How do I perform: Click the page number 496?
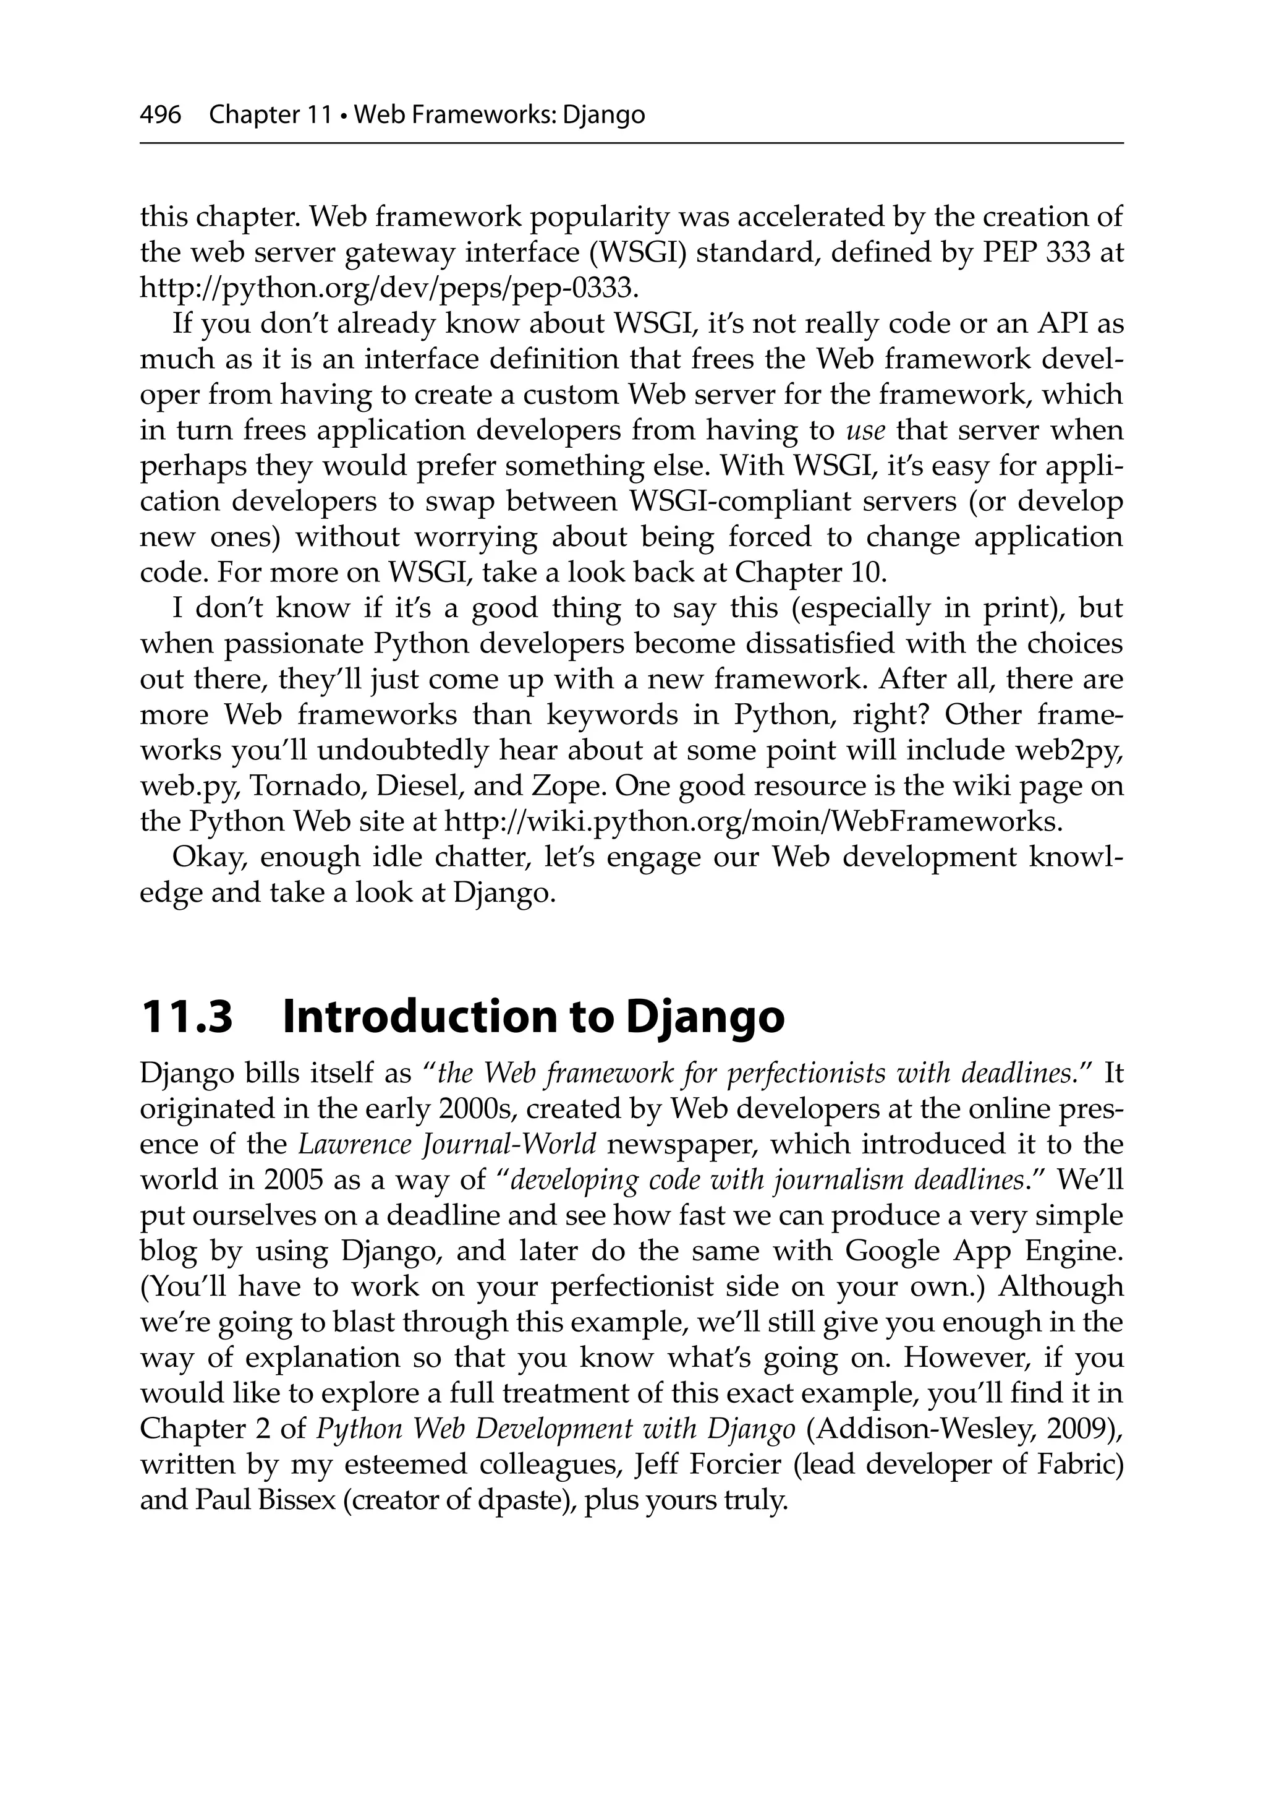click(x=161, y=116)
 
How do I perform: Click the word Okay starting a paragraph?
click(x=208, y=857)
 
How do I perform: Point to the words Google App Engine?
click(x=983, y=1252)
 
